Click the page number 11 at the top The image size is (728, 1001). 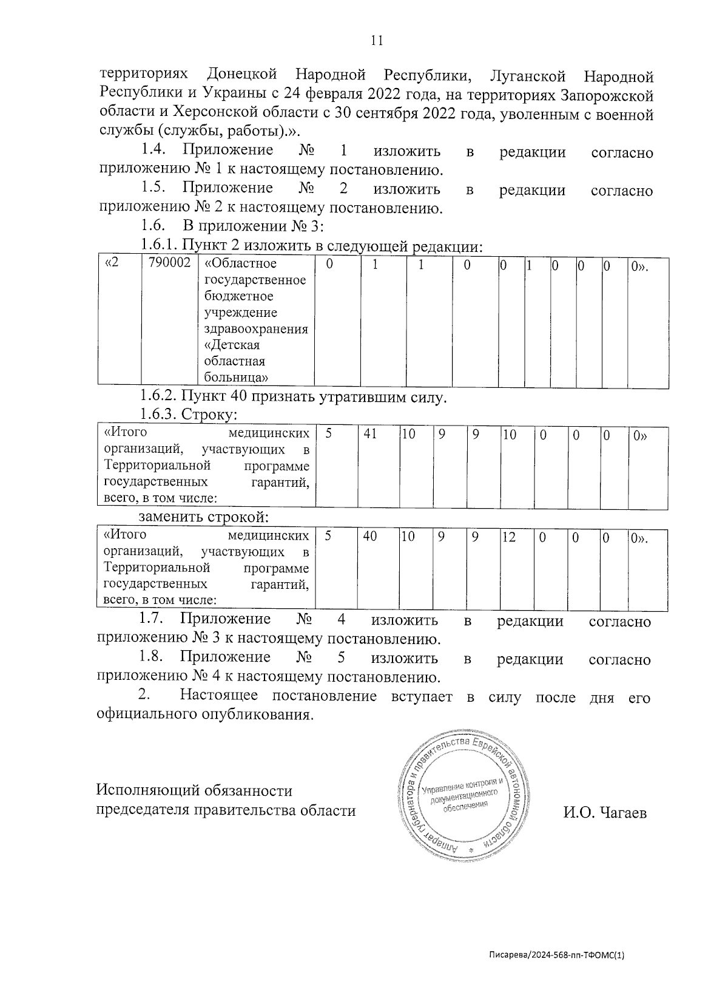pyautogui.click(x=376, y=41)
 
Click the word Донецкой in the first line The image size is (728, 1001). pyautogui.click(x=242, y=75)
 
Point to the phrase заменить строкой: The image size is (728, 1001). pyautogui.click(x=204, y=518)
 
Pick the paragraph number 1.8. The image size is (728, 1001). pyautogui.click(x=151, y=657)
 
